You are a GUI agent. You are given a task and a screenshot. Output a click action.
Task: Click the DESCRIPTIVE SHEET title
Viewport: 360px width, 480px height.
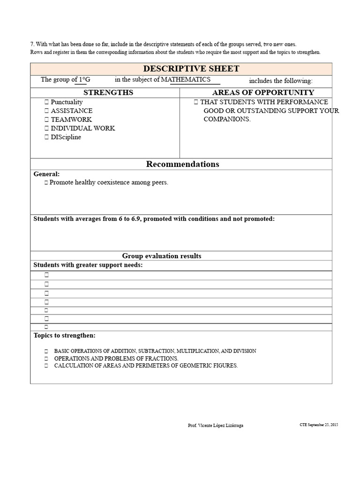pos(191,68)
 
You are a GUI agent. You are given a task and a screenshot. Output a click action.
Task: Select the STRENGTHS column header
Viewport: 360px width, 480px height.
pos(108,92)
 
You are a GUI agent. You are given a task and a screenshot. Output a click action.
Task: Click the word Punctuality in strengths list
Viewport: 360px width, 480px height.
pos(67,102)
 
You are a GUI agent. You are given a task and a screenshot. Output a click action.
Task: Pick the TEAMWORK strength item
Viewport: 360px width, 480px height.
pos(71,120)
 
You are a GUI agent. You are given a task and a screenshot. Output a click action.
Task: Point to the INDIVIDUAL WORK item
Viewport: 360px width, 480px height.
pos(82,128)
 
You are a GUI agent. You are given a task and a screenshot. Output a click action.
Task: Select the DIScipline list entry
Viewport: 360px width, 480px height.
pos(66,137)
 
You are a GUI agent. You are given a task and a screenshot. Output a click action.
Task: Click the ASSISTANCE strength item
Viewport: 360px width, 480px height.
pos(71,111)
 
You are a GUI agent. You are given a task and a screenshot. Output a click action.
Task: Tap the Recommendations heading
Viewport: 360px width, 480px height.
pos(182,164)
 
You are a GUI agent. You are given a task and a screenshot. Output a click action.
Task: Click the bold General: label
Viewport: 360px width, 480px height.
pos(46,174)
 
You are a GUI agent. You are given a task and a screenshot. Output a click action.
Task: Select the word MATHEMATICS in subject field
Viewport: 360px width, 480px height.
pos(186,80)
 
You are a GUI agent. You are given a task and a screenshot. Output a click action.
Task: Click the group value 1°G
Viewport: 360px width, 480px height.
pos(84,80)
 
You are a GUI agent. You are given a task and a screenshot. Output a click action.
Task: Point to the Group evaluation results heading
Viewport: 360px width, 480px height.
pos(162,256)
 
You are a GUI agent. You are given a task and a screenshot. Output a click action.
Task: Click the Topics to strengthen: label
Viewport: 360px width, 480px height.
pos(64,336)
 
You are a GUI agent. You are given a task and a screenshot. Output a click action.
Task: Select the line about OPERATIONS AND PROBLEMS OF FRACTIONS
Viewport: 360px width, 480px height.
pos(116,359)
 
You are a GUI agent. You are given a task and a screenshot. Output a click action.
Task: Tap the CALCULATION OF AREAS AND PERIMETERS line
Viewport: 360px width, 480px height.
pos(146,366)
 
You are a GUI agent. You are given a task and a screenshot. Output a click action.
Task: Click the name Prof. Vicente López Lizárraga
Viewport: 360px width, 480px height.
pos(215,425)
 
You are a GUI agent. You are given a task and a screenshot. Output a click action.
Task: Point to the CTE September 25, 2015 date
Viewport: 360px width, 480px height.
pos(319,425)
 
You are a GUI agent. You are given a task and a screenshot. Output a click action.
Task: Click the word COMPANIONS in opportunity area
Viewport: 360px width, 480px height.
pos(227,120)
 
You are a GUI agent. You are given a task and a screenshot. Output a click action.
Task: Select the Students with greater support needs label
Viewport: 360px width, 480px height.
pos(88,265)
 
